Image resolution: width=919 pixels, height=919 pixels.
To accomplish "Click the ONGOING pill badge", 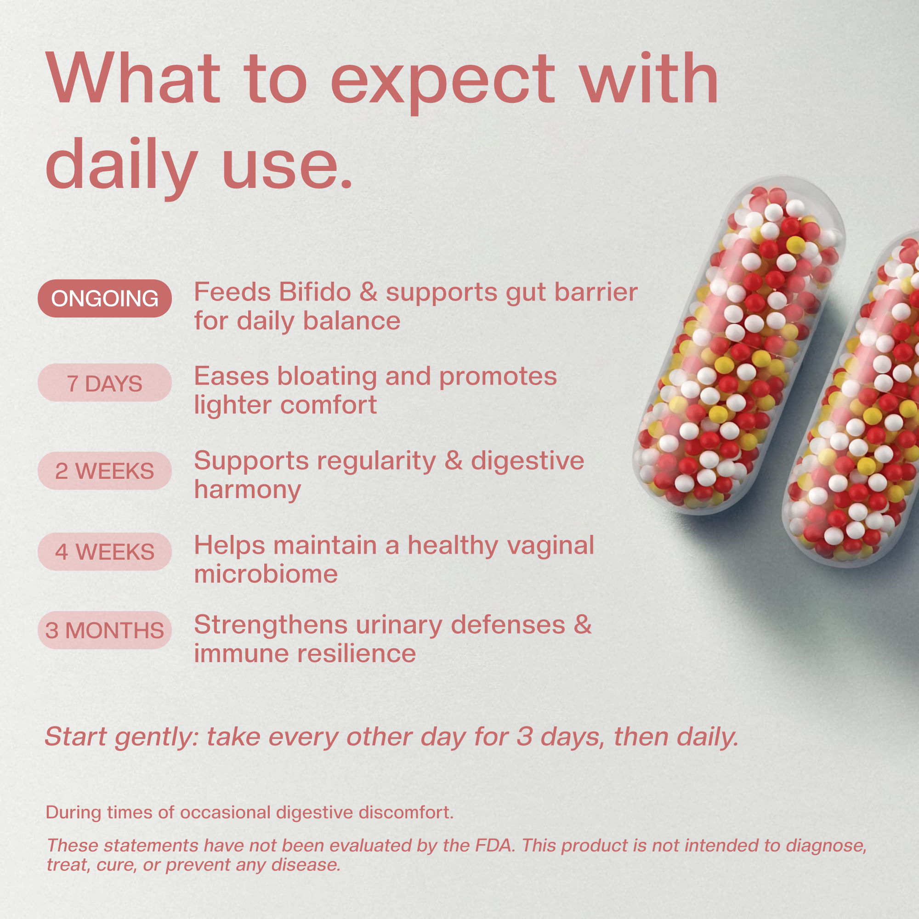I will coord(105,298).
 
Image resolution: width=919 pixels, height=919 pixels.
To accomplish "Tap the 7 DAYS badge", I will coord(105,383).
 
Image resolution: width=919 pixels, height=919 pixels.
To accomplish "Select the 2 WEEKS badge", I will coord(105,471).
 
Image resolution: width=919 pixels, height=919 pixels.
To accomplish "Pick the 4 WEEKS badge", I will coord(105,552).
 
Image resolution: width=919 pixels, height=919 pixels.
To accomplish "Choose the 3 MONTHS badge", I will coord(105,630).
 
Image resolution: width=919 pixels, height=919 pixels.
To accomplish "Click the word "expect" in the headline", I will coord(442,81).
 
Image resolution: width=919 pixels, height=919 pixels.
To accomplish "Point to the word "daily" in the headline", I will coord(121,164).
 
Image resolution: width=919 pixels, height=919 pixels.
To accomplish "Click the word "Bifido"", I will coord(315,292).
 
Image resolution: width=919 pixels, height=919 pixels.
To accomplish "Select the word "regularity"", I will coord(376,461).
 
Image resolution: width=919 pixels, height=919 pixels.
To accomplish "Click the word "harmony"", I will coord(247,490).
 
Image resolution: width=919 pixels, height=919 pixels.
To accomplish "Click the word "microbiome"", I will coord(266,574).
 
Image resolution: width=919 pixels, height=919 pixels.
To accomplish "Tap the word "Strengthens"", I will coord(271,624).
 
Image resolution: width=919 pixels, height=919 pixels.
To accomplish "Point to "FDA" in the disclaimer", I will coord(494,845).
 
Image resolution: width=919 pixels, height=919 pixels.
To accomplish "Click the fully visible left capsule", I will coord(737,347).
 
